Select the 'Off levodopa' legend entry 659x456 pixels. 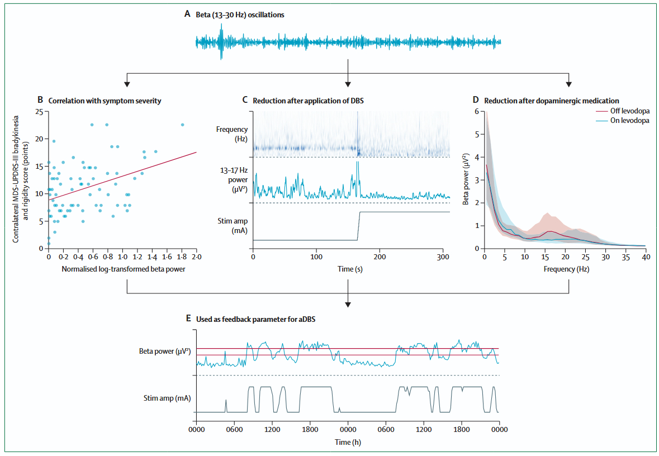pos(630,111)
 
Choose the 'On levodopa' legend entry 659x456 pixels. pos(630,120)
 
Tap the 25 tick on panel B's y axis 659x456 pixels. pos(39,112)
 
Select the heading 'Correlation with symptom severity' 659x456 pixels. pos(103,101)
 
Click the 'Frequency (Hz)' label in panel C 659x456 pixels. pos(231,134)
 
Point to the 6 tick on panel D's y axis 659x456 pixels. pos(477,111)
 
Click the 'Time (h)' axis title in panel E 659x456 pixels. pos(348,441)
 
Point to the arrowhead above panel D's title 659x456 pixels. pos(568,84)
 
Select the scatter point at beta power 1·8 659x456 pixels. pos(182,125)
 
